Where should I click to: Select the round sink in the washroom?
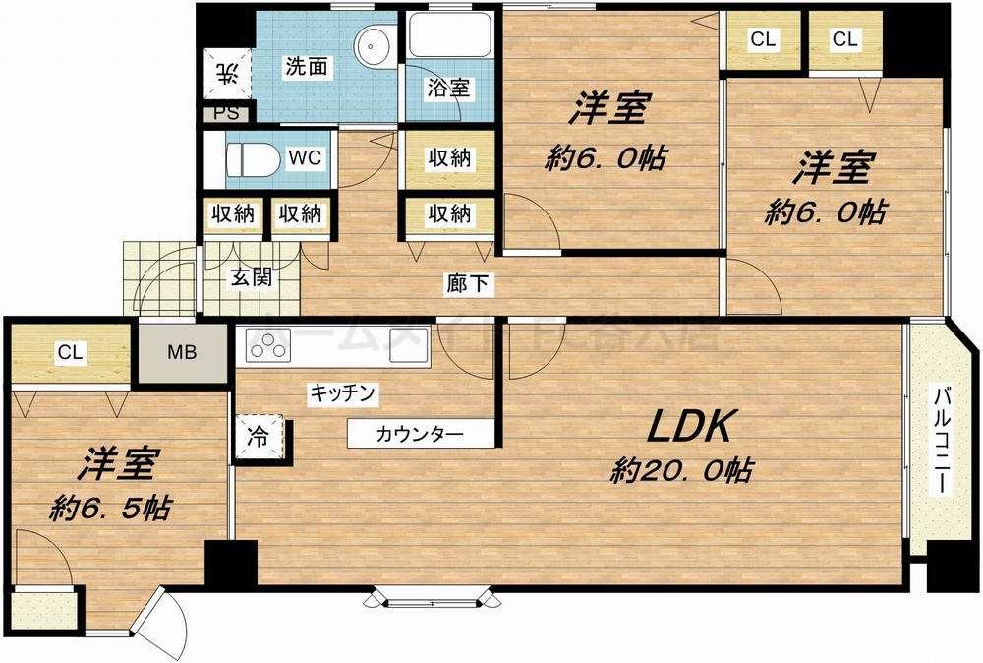pyautogui.click(x=373, y=43)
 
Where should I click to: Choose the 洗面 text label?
pyautogui.click(x=306, y=67)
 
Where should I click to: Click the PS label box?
pyautogui.click(x=225, y=112)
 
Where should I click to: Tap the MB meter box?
pyautogui.click(x=180, y=352)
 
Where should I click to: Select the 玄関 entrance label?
pyautogui.click(x=250, y=277)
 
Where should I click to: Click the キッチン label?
pyautogui.click(x=343, y=393)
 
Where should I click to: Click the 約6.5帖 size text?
pyautogui.click(x=109, y=508)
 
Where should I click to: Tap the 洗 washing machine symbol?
pyautogui.click(x=226, y=71)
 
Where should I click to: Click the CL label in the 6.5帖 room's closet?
pyautogui.click(x=68, y=352)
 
